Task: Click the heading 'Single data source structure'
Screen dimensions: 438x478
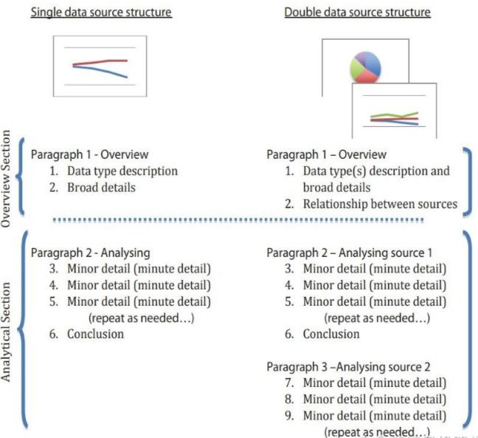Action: point(101,13)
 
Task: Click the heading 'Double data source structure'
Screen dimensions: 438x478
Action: point(357,13)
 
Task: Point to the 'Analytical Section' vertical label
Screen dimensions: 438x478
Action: point(8,331)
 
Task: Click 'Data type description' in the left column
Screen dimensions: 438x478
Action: point(122,171)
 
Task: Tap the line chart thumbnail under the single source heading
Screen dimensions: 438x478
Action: point(100,66)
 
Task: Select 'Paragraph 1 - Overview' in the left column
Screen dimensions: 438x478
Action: point(89,154)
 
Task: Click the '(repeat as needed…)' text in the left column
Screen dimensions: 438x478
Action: point(141,318)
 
